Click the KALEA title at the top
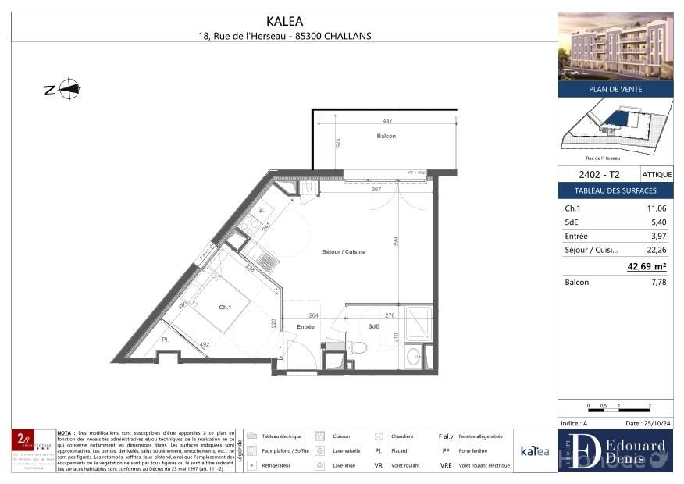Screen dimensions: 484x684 pos(284,22)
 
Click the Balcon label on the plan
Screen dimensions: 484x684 pos(386,136)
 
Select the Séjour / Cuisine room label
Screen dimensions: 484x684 pos(344,251)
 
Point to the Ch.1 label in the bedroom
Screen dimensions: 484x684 pos(225,308)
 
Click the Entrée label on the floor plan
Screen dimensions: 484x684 pos(305,326)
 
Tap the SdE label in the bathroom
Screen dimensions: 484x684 pos(373,326)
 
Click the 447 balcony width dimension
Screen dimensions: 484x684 pos(387,121)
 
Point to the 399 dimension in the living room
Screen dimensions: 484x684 pos(395,243)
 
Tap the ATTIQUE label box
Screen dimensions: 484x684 pos(656,175)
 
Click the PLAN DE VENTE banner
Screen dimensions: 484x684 pos(615,89)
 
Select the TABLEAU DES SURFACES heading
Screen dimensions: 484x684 pos(615,190)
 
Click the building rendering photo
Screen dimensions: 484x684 pos(615,46)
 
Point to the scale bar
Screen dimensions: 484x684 pos(618,407)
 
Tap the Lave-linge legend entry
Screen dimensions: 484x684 pos(340,465)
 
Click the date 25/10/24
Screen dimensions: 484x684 pos(643,423)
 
